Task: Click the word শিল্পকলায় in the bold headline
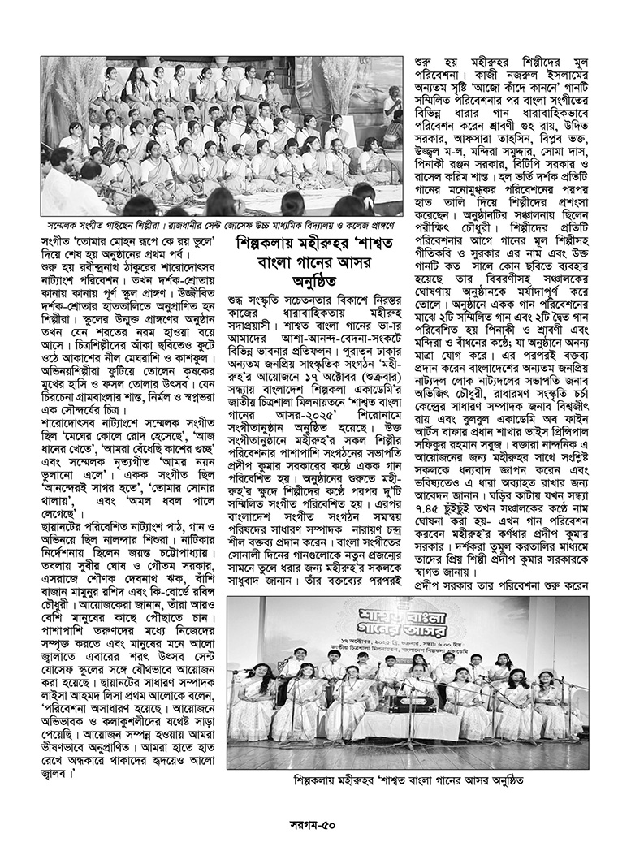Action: pos(269,243)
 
